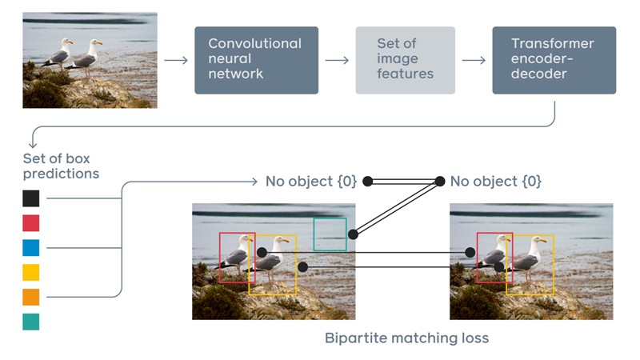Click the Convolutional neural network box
pos(256,60)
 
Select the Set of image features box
pos(405,60)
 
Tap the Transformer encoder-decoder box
pos(554,60)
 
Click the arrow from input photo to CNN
pos(175,60)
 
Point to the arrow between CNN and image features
pos(336,60)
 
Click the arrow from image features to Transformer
pos(474,60)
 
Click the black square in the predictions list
pos(30,198)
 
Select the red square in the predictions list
pos(30,223)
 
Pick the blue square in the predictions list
pos(30,248)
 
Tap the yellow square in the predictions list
pos(30,273)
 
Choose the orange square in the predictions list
pos(30,298)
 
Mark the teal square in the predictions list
pos(30,322)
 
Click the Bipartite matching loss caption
pos(406,338)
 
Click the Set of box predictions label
pos(61,166)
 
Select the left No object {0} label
pos(310,182)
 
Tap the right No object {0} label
pos(495,182)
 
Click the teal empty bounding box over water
pos(330,234)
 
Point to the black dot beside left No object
pos(368,182)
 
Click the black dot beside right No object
pos(439,182)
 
